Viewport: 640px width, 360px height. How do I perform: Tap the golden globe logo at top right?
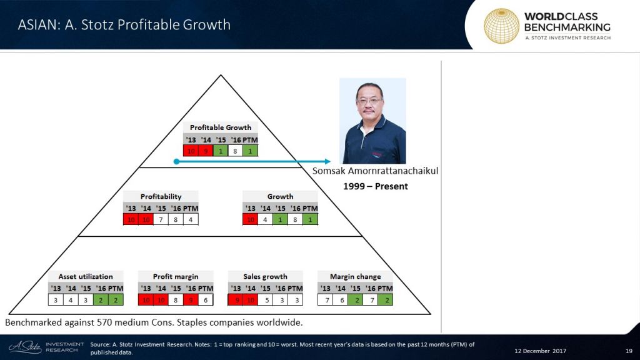pyautogui.click(x=501, y=26)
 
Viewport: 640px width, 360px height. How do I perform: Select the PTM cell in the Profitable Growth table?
pyautogui.click(x=251, y=150)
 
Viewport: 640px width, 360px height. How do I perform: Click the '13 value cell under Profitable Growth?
pyautogui.click(x=191, y=150)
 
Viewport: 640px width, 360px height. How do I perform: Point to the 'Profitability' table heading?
pyautogui.click(x=161, y=196)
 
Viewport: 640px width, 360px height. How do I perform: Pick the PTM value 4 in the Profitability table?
pyautogui.click(x=191, y=219)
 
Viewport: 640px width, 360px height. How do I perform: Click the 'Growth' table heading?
pyautogui.click(x=280, y=196)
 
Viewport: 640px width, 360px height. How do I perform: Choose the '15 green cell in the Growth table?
pyautogui.click(x=281, y=219)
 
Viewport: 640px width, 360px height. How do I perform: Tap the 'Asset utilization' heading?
pyautogui.click(x=86, y=276)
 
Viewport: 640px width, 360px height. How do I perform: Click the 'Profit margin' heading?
pyautogui.click(x=176, y=276)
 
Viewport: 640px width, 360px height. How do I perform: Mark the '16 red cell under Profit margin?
pyautogui.click(x=191, y=300)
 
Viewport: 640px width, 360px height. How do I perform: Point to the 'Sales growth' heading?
pyautogui.click(x=266, y=276)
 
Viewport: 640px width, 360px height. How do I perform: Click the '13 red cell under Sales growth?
pyautogui.click(x=236, y=300)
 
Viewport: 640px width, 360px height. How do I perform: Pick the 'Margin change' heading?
pyautogui.click(x=356, y=276)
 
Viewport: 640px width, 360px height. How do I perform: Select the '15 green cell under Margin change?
pyautogui.click(x=356, y=300)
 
